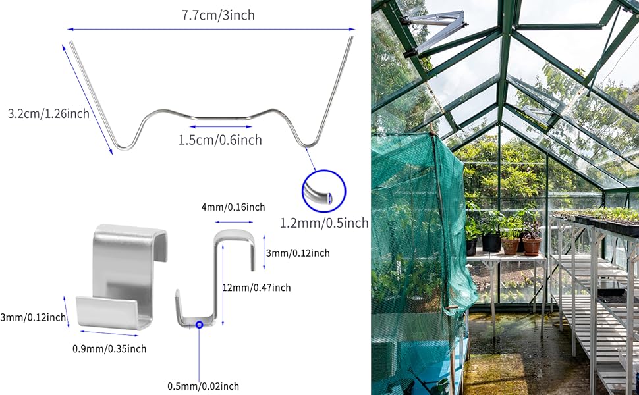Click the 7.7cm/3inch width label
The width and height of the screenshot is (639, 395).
[218, 14]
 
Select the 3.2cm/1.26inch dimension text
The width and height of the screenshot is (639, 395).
[49, 113]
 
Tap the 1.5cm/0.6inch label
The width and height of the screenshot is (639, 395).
[220, 140]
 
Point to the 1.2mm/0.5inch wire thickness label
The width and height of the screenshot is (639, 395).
[324, 223]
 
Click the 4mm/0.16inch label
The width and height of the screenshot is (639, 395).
[233, 207]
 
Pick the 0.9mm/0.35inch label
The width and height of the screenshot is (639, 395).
[109, 348]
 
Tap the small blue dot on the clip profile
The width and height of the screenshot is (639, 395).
[199, 325]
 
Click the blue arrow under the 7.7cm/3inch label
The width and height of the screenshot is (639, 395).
[211, 29]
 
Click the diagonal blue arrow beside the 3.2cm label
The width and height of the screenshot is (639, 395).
[88, 98]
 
